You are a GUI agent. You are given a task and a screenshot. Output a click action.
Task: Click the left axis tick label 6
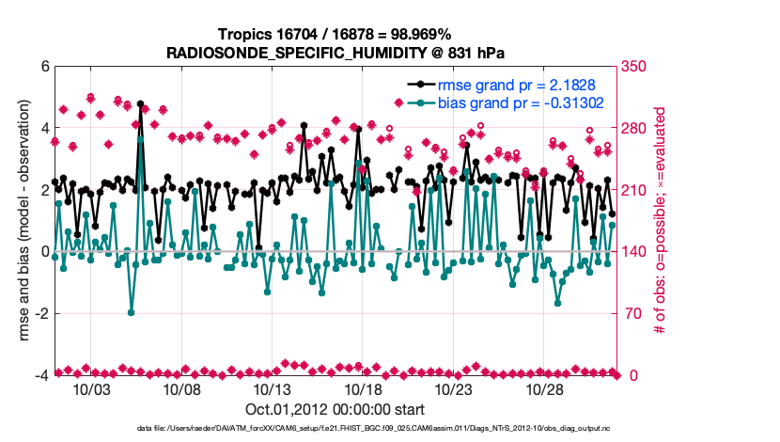[43, 68]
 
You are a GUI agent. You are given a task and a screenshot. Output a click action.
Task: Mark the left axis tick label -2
[40, 313]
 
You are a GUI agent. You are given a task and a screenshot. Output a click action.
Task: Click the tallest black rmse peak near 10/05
[140, 103]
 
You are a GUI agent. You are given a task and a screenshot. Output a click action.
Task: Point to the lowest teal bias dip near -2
[131, 312]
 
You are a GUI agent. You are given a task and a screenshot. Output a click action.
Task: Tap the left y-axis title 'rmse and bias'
[21, 220]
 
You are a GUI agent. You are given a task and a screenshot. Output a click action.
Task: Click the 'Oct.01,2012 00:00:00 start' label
[334, 409]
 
